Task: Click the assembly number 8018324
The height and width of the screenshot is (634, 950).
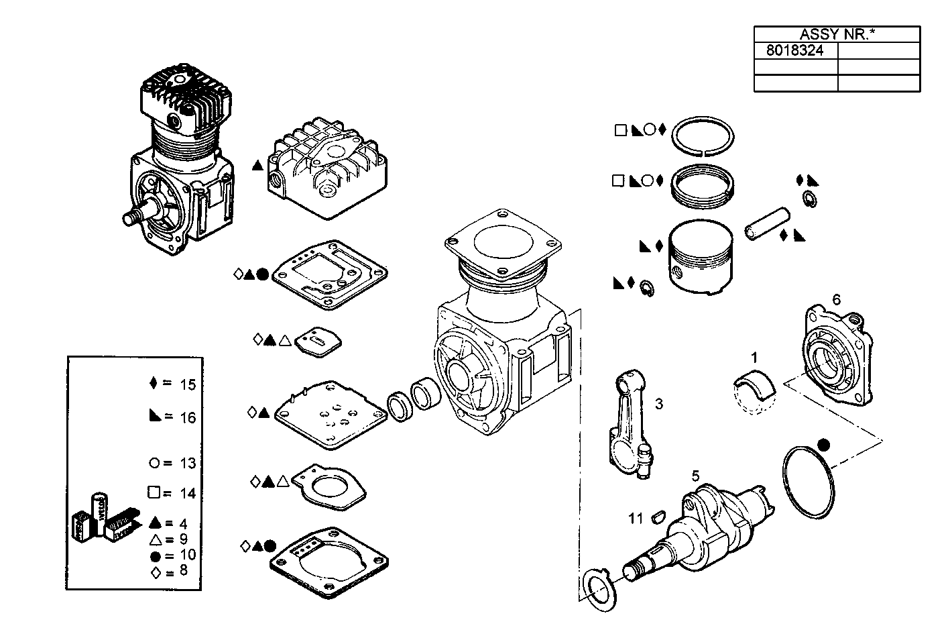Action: (x=794, y=50)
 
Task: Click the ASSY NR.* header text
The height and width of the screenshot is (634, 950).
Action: (x=836, y=34)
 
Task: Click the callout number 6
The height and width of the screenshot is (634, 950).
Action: (x=836, y=300)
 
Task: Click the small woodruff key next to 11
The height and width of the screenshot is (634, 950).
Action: (x=657, y=517)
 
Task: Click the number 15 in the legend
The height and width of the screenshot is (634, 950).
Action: (x=188, y=384)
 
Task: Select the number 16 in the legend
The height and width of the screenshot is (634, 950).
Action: (x=188, y=417)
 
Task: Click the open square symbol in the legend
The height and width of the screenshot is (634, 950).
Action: (x=154, y=492)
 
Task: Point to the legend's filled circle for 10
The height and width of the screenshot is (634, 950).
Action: (x=155, y=556)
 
